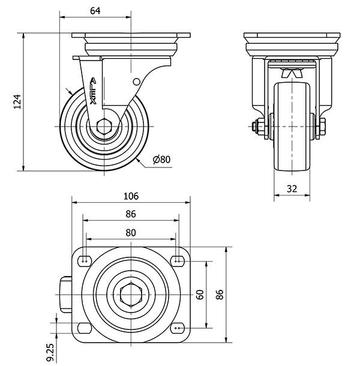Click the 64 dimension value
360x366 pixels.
pos(95,10)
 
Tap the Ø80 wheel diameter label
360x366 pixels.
pos(162,159)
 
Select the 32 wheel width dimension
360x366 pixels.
pos(292,188)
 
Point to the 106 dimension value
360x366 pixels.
pos(131,196)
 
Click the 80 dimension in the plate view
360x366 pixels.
pos(131,232)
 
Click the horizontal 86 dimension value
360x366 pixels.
pos(131,214)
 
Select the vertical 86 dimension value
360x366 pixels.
pos(220,294)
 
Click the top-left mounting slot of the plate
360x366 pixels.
pos(85,260)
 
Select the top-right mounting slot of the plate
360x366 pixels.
pos(177,260)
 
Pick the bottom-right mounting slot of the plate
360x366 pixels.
pos(177,328)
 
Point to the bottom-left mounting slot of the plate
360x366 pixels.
pos(85,328)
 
